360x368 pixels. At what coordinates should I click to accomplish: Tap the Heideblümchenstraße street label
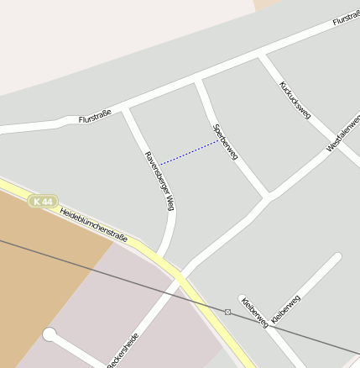93,224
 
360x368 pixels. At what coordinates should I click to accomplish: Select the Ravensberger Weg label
159,181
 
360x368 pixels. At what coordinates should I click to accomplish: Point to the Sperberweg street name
226,142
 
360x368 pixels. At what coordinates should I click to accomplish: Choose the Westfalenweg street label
343,134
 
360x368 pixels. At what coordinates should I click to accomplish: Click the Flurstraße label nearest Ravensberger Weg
95,118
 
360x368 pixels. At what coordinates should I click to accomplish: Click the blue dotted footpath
190,152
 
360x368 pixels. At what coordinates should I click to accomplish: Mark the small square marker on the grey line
227,312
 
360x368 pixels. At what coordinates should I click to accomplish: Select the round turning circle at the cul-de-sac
50,335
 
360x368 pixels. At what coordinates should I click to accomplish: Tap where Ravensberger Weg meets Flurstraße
126,108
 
